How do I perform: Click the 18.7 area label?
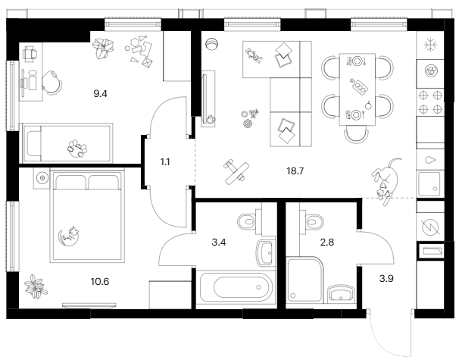point(295,171)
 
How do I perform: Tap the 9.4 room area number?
point(100,94)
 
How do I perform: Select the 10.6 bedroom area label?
point(100,281)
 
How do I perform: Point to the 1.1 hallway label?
point(165,162)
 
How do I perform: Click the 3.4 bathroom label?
point(219,243)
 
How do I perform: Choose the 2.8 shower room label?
point(327,243)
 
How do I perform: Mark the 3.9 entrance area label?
point(386,279)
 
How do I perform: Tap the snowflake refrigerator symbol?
point(430,45)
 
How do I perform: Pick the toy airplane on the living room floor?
point(236,171)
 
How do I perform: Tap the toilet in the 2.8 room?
point(314,222)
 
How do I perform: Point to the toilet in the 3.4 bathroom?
point(247,222)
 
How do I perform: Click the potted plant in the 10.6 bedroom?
point(36,286)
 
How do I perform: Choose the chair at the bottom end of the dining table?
point(356,134)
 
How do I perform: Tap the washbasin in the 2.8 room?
point(341,293)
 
